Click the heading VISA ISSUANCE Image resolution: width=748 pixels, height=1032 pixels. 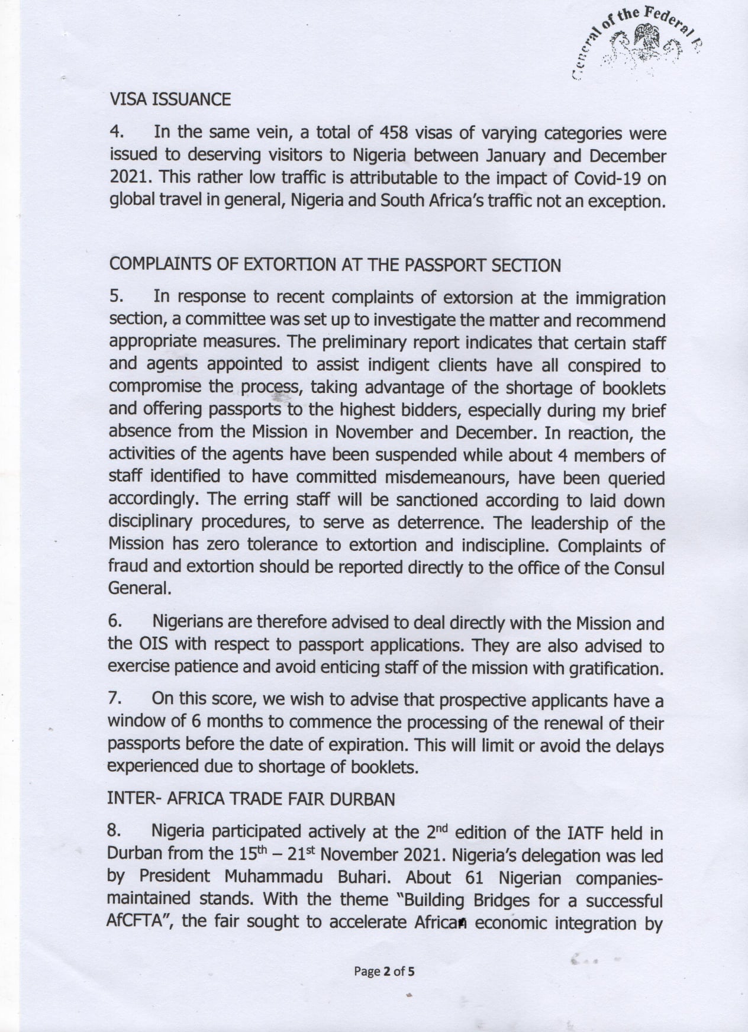170,99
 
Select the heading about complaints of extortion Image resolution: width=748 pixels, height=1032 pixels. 335,265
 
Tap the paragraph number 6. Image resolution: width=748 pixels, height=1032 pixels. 115,621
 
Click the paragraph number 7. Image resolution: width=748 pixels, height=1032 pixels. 115,698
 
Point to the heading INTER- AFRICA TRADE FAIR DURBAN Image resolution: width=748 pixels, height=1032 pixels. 251,799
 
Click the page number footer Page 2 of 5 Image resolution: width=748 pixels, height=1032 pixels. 384,971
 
